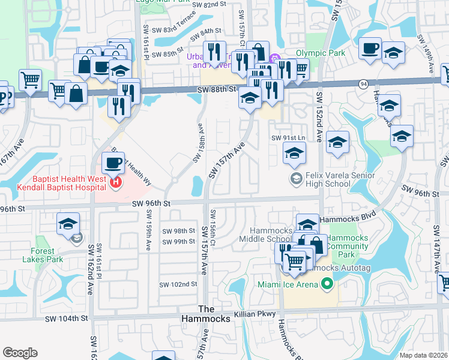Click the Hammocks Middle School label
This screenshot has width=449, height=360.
click(264, 235)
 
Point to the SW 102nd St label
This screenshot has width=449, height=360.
click(178, 284)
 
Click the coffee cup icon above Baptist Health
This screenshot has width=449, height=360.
click(113, 162)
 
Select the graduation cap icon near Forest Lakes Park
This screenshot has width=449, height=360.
click(68, 224)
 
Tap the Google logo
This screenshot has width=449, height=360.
click(20, 353)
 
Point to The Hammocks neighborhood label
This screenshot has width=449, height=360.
click(214, 314)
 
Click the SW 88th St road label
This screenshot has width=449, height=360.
click(217, 89)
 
